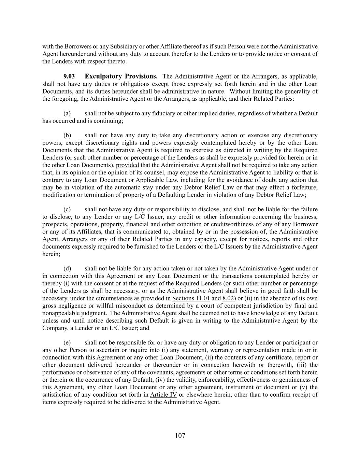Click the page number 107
[180, 435]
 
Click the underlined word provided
[127, 165]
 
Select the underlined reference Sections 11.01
[191, 298]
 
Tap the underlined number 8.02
[228, 298]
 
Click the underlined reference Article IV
[163, 395]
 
